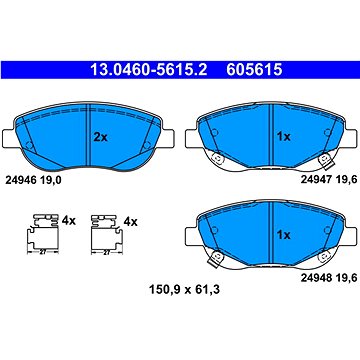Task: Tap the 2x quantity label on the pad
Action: click(x=99, y=137)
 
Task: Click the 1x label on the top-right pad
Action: click(x=284, y=137)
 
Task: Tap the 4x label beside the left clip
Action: click(x=67, y=217)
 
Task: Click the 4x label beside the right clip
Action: click(x=130, y=217)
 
